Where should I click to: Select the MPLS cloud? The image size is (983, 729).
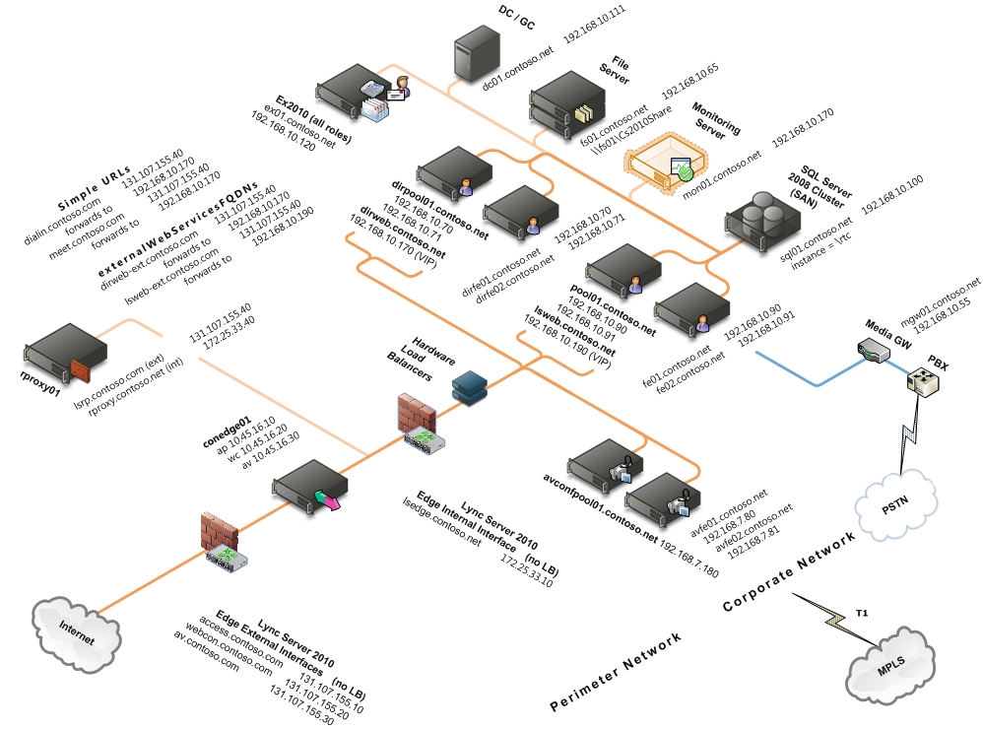pyautogui.click(x=890, y=669)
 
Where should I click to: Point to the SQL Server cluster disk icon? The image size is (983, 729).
pyautogui.click(x=760, y=217)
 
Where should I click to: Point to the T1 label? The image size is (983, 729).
pyautogui.click(x=862, y=613)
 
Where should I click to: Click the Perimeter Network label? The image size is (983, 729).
pyautogui.click(x=616, y=672)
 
